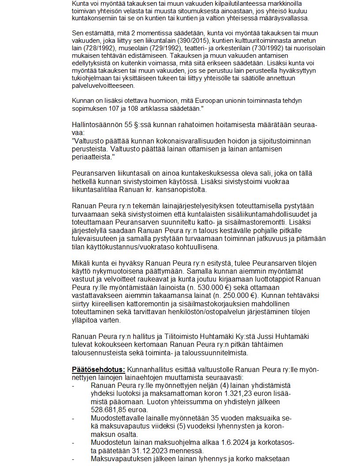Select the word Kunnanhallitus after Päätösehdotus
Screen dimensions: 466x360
tap(150, 369)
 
